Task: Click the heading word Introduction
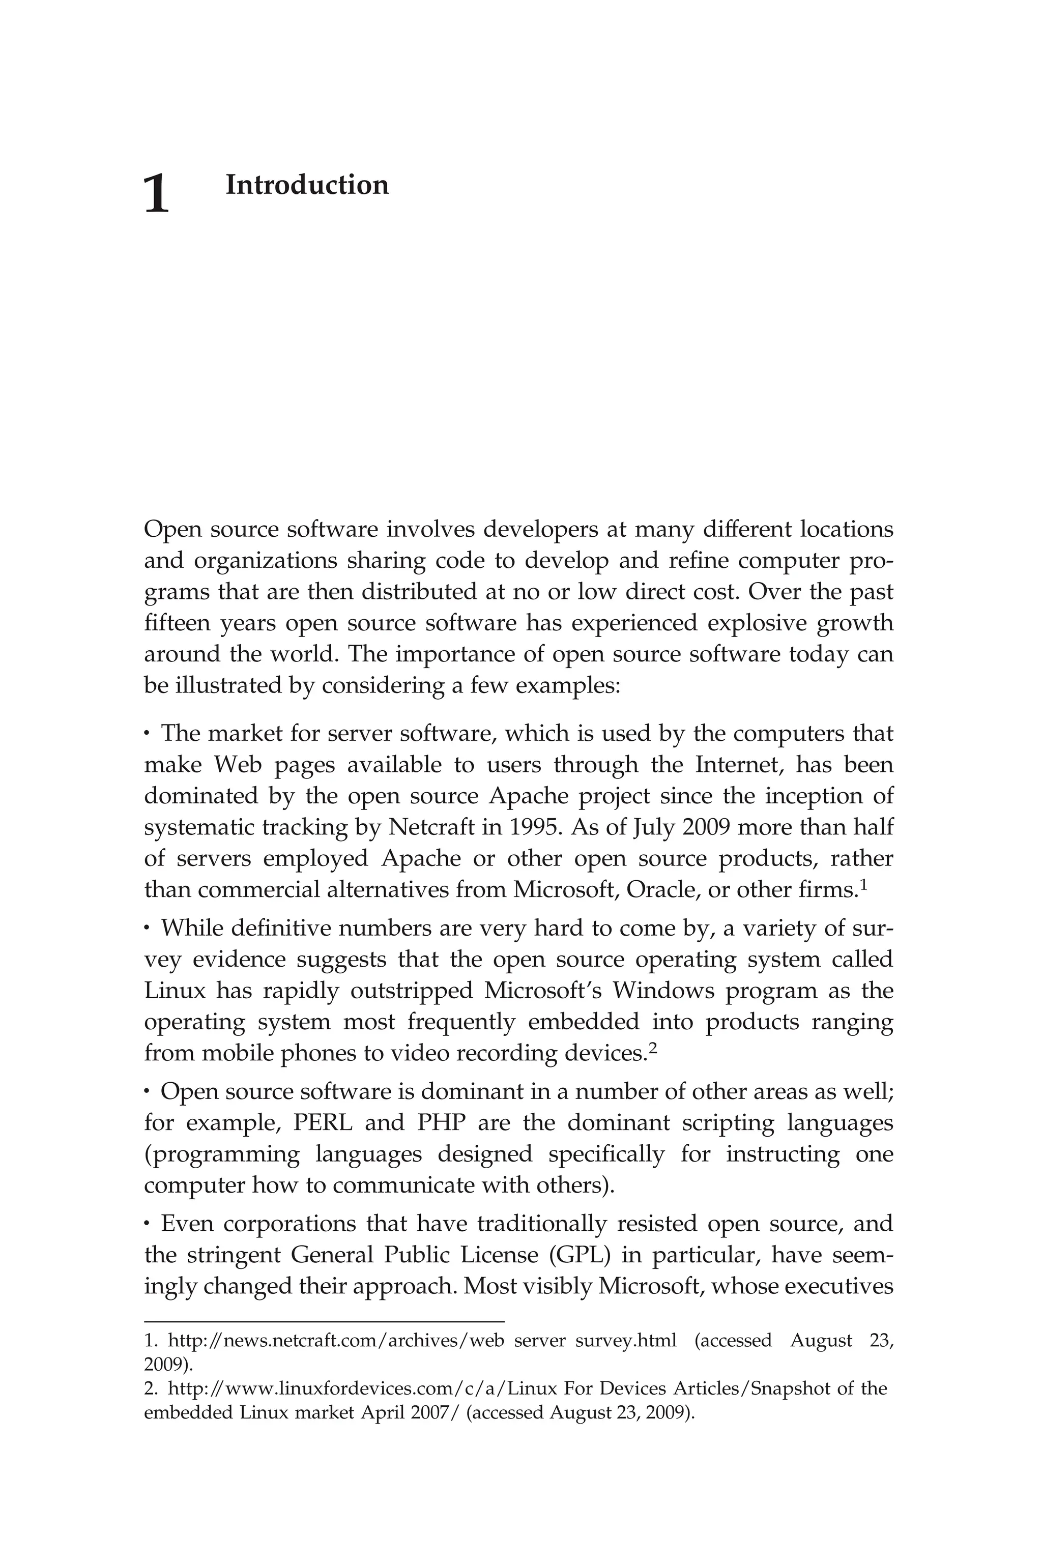[307, 185]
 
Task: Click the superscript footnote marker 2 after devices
[653, 1048]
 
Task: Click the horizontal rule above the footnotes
[324, 1322]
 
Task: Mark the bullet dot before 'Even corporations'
[147, 1224]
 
